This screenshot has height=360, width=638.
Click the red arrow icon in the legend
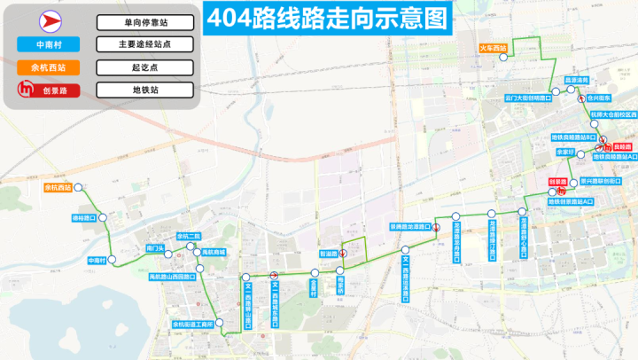[x=42, y=22]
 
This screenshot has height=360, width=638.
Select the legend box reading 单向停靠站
[x=144, y=22]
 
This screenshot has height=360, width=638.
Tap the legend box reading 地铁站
[x=144, y=90]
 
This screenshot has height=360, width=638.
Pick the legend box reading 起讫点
[x=144, y=67]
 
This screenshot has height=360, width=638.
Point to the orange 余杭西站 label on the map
[x=57, y=187]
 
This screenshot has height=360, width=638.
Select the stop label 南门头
[x=156, y=247]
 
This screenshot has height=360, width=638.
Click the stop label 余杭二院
[x=190, y=236]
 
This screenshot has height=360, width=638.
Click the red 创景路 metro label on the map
[x=558, y=181]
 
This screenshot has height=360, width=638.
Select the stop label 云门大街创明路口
[x=528, y=98]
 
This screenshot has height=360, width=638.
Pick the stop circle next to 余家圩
[x=580, y=152]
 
